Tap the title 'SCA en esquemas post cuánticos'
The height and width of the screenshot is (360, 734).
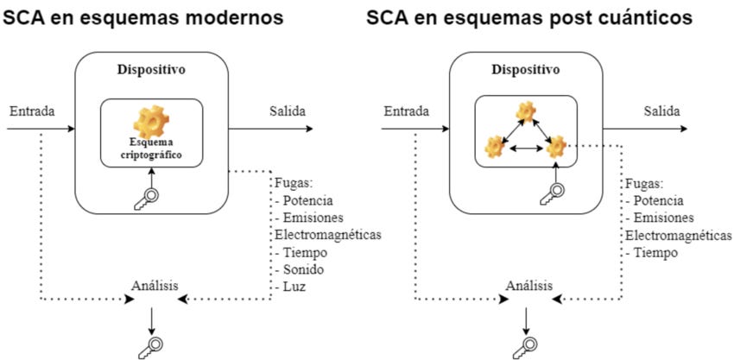529,17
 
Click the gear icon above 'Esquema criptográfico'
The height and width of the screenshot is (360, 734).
152,119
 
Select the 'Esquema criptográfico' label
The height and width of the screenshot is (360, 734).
152,149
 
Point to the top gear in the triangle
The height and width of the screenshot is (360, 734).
527,111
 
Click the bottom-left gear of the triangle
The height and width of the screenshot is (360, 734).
495,147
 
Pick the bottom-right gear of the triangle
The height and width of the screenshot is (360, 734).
556,147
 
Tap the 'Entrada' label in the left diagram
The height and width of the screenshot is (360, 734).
33,111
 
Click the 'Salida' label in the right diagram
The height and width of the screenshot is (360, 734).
661,111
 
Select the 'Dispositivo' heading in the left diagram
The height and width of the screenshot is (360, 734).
151,68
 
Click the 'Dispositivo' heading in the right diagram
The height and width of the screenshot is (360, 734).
527,68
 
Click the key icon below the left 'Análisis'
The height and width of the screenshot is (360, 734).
150,344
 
